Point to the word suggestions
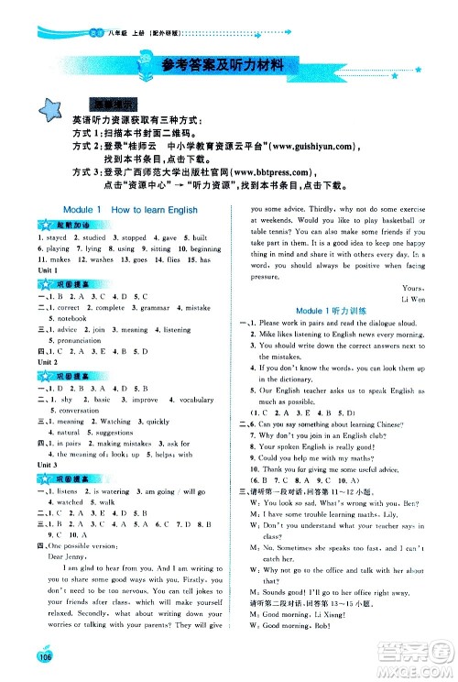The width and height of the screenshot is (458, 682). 115,431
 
